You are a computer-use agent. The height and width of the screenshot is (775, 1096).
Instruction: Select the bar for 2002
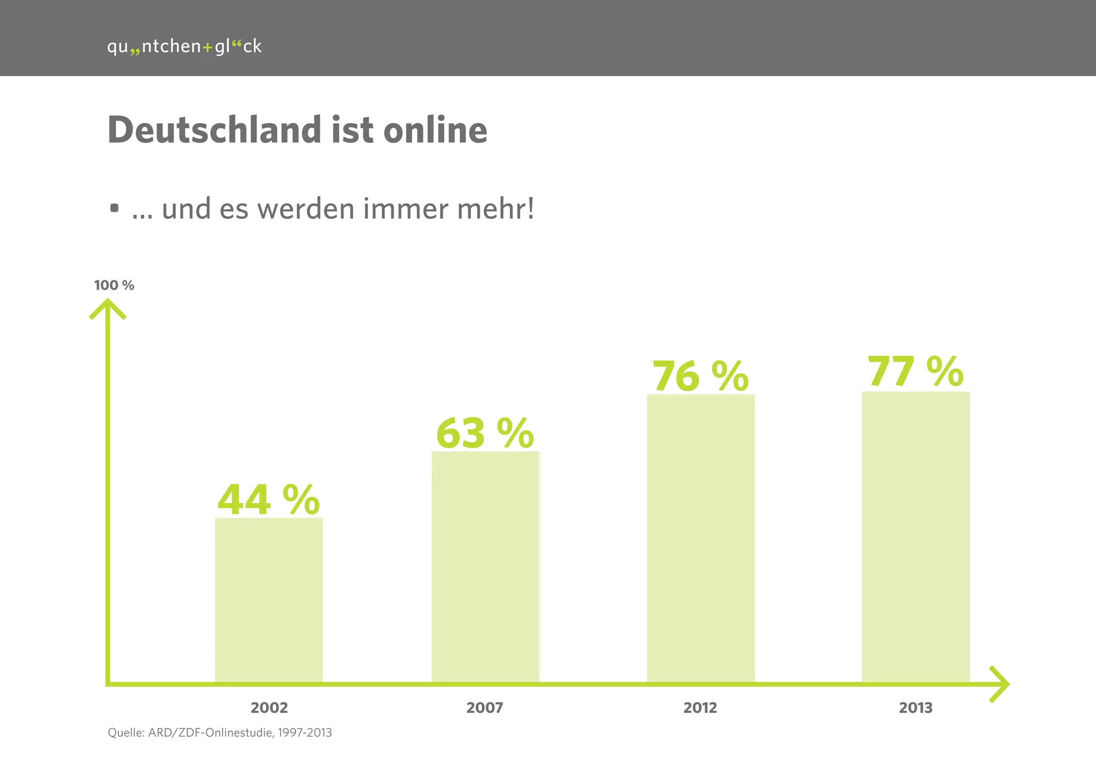(269, 599)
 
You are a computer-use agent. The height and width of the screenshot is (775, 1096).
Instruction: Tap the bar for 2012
(701, 538)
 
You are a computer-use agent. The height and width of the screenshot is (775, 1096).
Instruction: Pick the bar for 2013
(916, 536)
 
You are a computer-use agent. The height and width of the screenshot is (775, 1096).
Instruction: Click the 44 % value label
(268, 500)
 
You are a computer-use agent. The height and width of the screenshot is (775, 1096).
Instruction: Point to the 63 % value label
(485, 434)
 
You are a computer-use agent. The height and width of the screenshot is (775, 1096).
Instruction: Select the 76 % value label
(700, 376)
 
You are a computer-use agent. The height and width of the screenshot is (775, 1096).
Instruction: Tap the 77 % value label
(915, 371)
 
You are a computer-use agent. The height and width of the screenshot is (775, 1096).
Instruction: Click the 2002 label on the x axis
(269, 708)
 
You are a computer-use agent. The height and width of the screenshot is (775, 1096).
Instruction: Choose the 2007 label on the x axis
(485, 708)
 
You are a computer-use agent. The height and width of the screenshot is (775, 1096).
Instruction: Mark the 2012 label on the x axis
(700, 708)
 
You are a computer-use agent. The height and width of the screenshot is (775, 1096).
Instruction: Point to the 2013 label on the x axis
(916, 708)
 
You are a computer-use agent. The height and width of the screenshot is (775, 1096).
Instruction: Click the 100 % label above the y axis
(114, 285)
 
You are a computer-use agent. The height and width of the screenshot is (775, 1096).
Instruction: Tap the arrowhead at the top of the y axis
(108, 307)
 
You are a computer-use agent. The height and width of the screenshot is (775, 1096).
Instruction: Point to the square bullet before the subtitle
(114, 208)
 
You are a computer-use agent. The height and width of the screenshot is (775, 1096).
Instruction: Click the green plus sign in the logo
(208, 48)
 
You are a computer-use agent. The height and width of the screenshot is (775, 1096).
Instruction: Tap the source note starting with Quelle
(220, 733)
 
